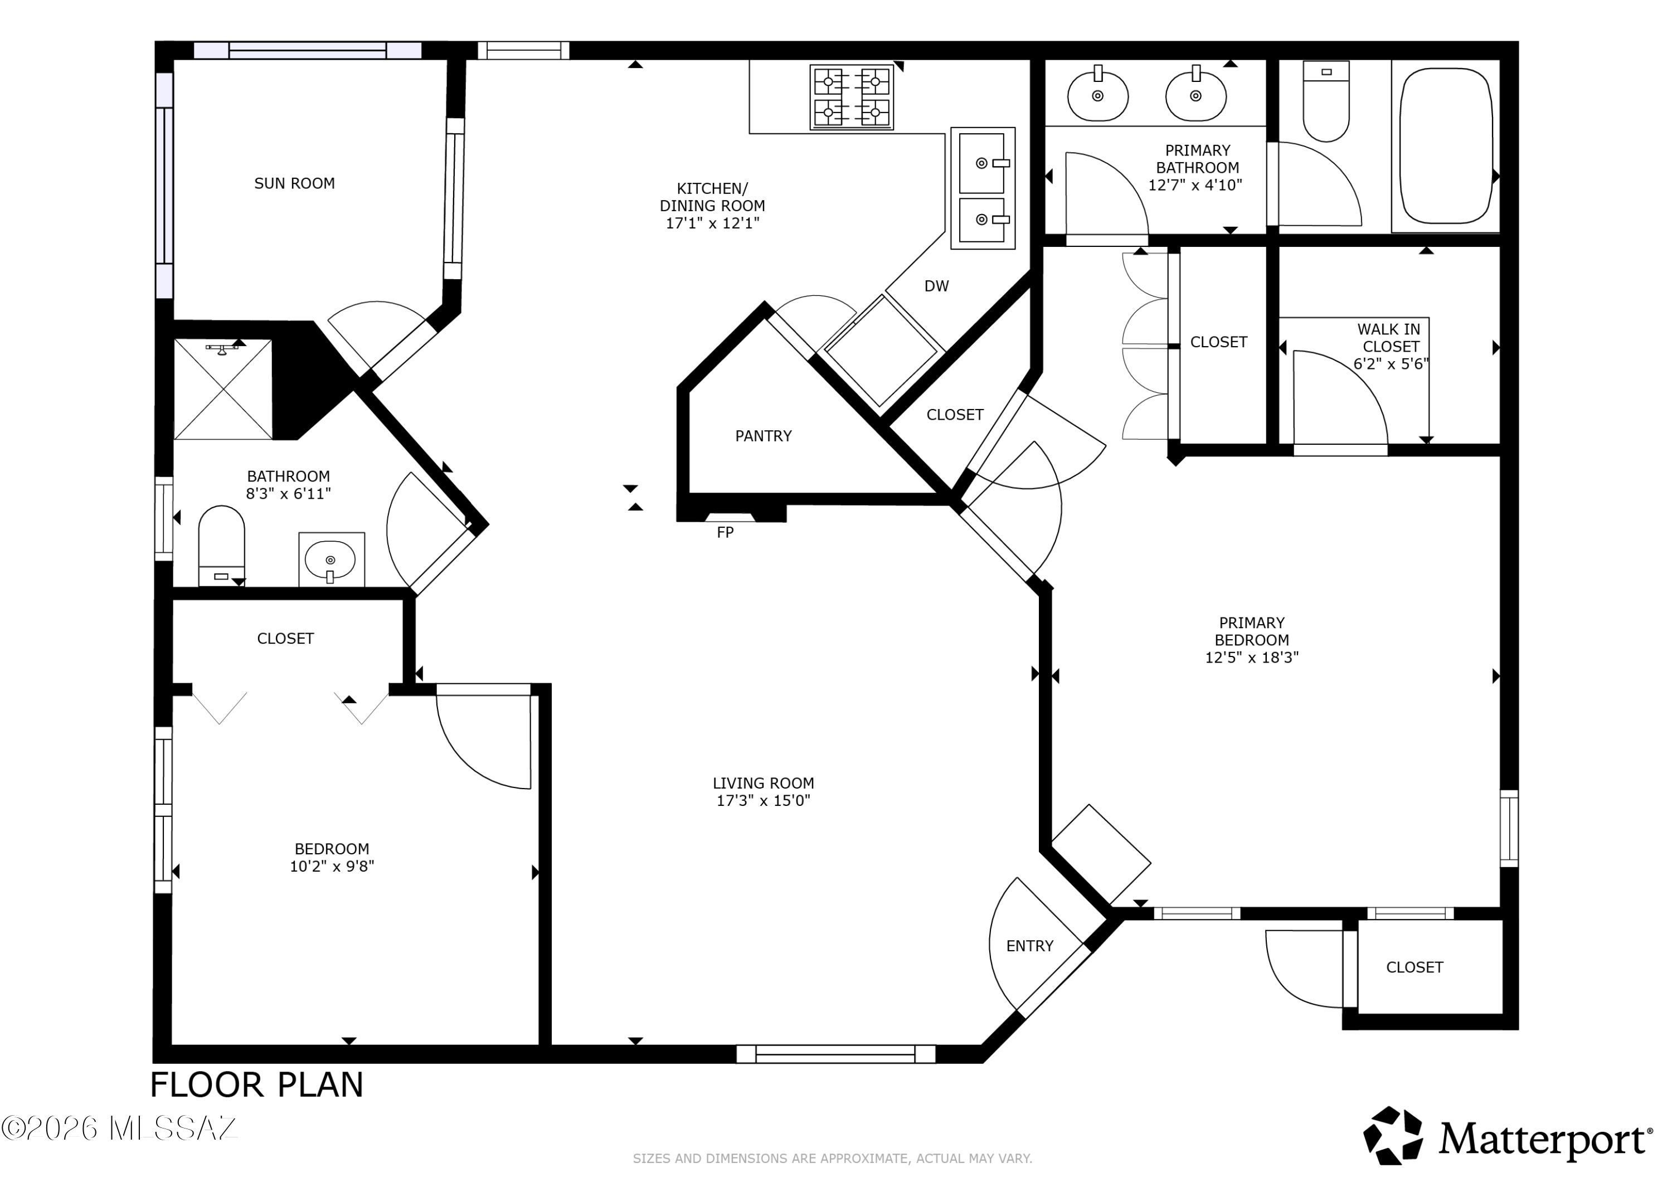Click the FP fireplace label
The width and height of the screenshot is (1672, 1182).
coord(725,532)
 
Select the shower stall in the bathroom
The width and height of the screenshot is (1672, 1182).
coord(223,390)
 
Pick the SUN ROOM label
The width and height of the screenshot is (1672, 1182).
coord(294,183)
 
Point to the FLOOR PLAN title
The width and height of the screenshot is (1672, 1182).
coord(256,1085)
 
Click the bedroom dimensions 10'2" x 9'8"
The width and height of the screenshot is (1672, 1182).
coord(332,867)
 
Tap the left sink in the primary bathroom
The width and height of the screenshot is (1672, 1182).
coord(1097,95)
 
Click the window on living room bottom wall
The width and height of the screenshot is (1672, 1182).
coord(835,1054)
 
